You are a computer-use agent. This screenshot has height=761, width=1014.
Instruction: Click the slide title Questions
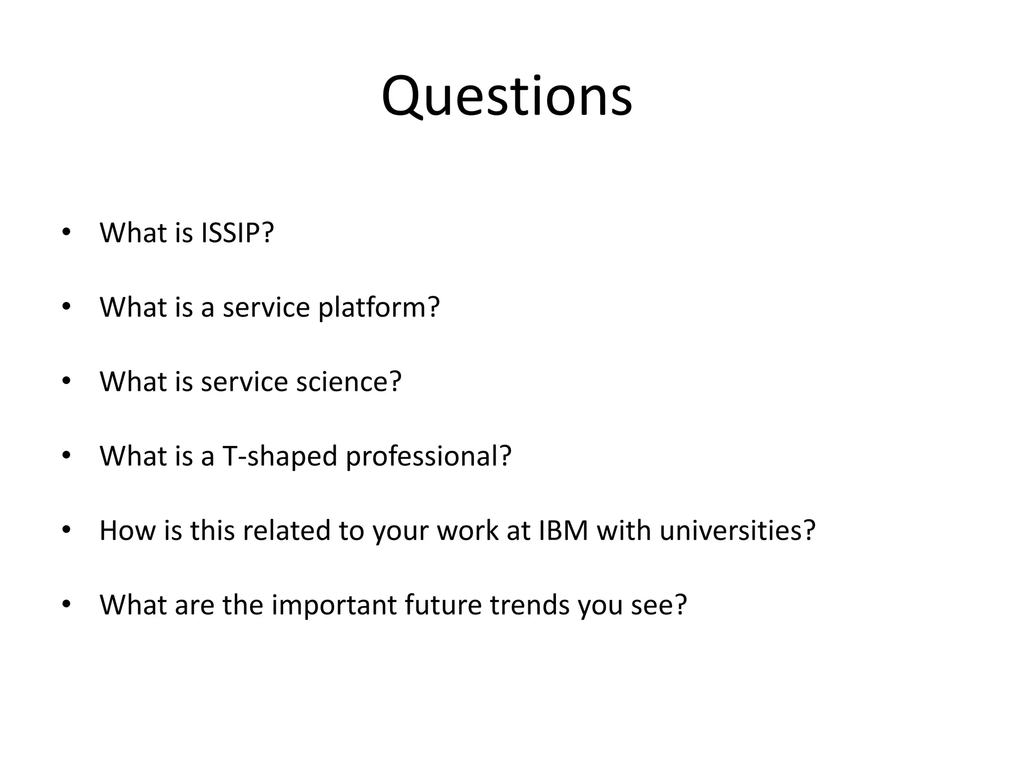point(507,97)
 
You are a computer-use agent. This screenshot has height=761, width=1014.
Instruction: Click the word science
point(349,381)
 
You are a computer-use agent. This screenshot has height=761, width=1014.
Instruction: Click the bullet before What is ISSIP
point(66,232)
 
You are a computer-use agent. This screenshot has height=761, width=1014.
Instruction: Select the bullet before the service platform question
point(66,307)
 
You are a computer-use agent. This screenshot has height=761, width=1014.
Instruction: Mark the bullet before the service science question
point(66,381)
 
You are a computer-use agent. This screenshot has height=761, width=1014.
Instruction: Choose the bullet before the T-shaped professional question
point(66,456)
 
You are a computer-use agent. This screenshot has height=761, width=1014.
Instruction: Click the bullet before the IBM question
point(66,530)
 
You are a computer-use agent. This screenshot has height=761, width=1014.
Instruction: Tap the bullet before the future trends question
point(66,604)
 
